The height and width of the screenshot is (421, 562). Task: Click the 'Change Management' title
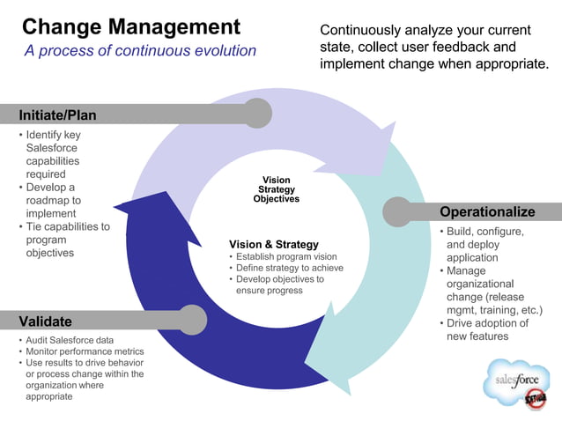130,26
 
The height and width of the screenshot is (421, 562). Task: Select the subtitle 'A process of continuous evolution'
140,51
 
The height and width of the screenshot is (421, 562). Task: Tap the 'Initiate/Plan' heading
58,115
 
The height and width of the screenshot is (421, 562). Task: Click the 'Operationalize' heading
486,211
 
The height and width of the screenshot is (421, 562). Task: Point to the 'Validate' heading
46,321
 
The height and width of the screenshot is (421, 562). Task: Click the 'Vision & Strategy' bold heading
274,244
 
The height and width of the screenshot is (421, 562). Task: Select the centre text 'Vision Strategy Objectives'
276,189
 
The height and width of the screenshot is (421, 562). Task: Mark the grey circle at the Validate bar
193,319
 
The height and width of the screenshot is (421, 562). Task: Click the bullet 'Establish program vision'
286,257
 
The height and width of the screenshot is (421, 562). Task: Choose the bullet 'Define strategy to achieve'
290,268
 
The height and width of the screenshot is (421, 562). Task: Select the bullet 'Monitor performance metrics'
85,351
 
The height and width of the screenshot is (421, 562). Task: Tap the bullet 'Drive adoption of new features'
487,329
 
